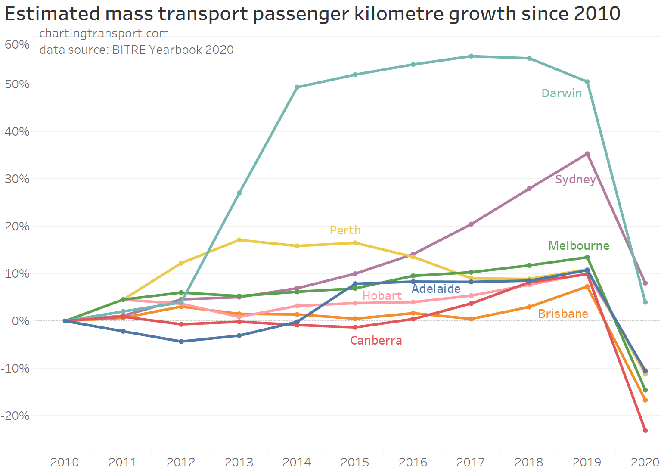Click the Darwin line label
pos(562,93)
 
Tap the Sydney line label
pos(575,179)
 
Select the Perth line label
pos(345,230)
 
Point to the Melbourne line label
pos(579,246)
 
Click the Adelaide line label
pos(436,289)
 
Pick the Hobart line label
pos(382,296)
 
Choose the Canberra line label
pos(376,341)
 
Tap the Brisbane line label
pos(563,314)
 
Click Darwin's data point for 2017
pos(471,56)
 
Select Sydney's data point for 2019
pos(587,154)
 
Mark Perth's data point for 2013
pos(239,240)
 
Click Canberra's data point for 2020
pos(645,430)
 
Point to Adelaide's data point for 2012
pos(181,342)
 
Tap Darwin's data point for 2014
pos(297,87)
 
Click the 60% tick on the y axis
pos(17,45)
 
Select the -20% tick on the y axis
pos(16,416)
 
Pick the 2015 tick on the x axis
pos(355,463)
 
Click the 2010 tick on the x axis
pos(65,463)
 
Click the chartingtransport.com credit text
pos(104,34)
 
